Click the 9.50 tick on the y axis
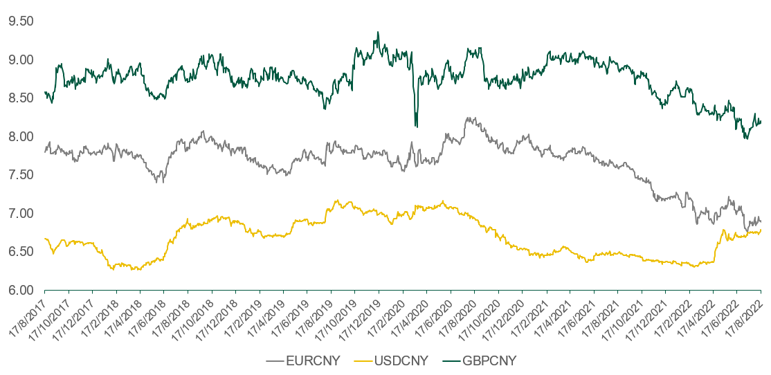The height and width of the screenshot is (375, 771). [x=20, y=21]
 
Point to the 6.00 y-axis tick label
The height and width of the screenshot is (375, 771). [x=20, y=290]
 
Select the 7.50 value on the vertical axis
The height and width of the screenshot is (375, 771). [x=20, y=175]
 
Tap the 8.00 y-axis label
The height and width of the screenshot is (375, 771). [x=20, y=136]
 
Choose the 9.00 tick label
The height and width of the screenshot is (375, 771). [x=20, y=60]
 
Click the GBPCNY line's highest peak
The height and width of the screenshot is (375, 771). [x=377, y=32]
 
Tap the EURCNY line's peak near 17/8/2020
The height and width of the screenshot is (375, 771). [x=469, y=118]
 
